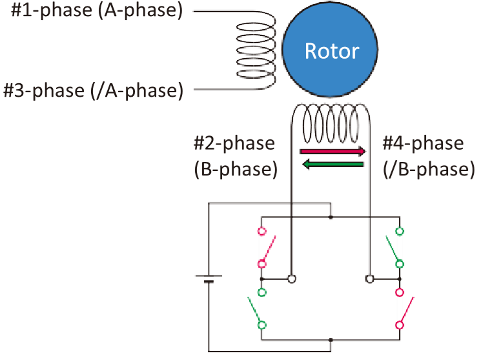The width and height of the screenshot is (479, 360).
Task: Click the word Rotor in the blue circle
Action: [x=331, y=51]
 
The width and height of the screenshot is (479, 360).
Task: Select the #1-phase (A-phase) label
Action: [x=97, y=11]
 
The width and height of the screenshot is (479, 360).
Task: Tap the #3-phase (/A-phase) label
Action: [x=93, y=90]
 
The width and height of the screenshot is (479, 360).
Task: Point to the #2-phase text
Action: [x=234, y=143]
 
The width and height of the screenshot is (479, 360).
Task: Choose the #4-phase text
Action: [x=423, y=143]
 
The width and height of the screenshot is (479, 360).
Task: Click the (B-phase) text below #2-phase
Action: [x=236, y=169]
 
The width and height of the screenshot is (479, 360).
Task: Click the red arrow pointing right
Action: [x=333, y=151]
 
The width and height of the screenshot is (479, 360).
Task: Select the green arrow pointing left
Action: [x=333, y=165]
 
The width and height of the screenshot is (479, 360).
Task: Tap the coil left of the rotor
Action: [x=257, y=50]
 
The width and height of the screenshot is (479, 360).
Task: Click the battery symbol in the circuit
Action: [x=209, y=279]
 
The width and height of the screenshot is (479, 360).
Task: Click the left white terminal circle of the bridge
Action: [x=292, y=279]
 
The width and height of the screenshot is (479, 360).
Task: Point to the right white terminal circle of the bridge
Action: [x=370, y=279]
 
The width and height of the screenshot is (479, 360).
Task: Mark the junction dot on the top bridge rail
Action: [x=331, y=218]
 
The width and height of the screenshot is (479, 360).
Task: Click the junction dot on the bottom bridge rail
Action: [x=331, y=339]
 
